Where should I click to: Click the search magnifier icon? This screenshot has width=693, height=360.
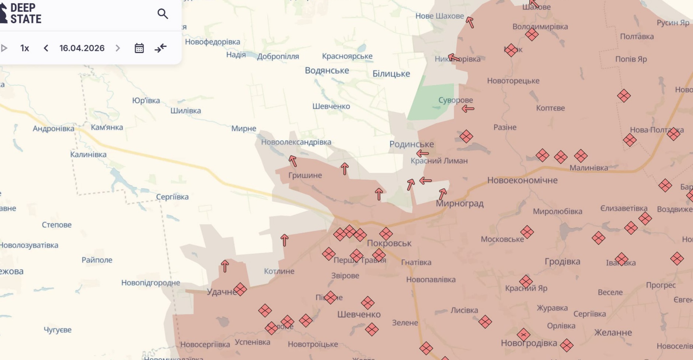tap(162, 14)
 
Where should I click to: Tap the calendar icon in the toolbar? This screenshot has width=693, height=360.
tap(139, 48)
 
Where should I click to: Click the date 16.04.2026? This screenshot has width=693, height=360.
tap(82, 48)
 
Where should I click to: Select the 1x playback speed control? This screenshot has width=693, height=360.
tap(25, 48)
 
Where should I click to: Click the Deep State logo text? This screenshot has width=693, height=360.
tap(25, 14)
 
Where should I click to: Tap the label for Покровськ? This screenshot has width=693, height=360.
tap(389, 243)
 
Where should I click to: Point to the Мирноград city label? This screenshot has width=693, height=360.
tap(459, 204)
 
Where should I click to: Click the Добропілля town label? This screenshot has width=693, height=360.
tap(278, 57)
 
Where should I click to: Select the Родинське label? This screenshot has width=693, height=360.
tap(411, 144)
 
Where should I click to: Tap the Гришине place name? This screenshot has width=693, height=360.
tap(305, 176)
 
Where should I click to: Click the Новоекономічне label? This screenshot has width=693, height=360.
tap(522, 180)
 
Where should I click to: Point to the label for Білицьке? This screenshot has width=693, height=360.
tap(391, 74)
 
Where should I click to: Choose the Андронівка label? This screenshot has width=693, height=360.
tap(54, 129)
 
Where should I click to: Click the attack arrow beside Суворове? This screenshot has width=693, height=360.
tap(468, 109)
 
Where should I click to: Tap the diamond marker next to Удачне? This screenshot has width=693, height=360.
tap(240, 290)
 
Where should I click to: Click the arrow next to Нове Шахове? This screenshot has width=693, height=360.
tap(470, 22)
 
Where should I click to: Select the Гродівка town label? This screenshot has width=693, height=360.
tap(562, 262)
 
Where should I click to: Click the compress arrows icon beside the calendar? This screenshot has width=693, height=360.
tap(161, 48)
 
